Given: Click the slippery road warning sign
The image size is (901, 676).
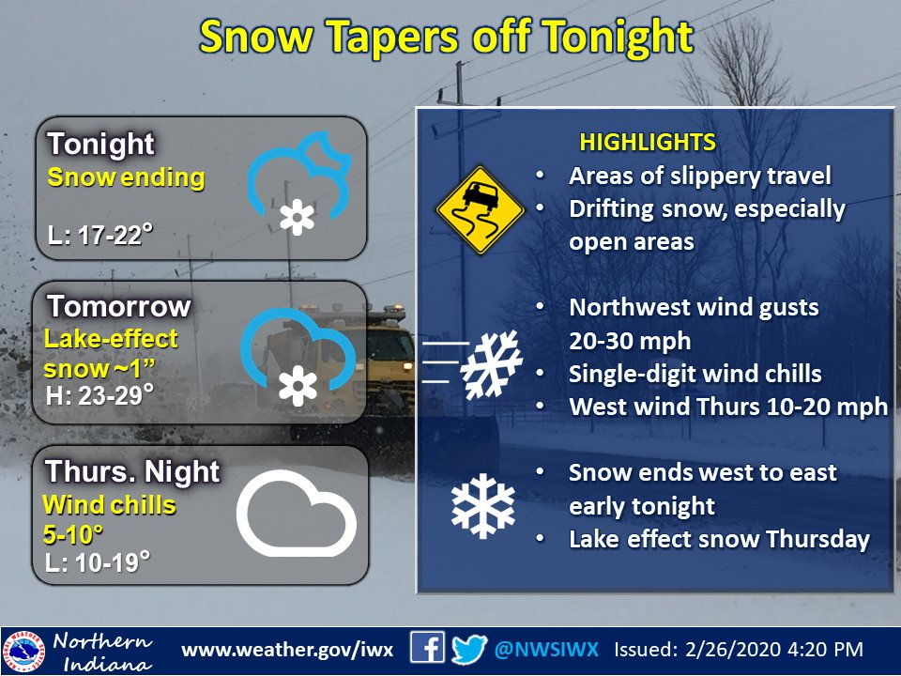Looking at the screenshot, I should click(x=480, y=211).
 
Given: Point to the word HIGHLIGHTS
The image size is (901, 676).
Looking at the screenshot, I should click(x=648, y=143).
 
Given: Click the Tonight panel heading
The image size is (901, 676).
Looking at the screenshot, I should click(x=100, y=145).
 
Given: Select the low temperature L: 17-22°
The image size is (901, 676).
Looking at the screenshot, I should click(x=100, y=235).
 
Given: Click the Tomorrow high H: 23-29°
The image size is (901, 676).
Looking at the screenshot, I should click(x=100, y=395).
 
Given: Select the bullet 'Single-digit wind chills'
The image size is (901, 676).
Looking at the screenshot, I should click(x=695, y=373).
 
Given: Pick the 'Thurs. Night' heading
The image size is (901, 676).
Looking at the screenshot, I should click(x=132, y=471).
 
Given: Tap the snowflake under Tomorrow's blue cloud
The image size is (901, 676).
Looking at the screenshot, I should click(x=298, y=385).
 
